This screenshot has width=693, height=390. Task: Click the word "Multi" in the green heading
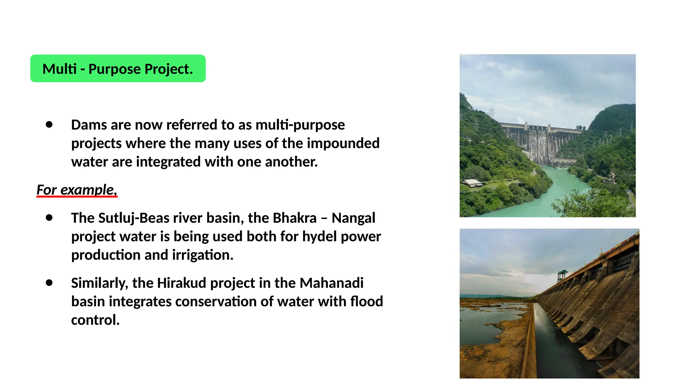(x=60, y=69)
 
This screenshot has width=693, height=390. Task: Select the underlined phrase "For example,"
(x=77, y=190)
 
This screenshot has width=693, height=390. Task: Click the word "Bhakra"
(x=294, y=218)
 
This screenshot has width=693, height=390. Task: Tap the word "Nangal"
(x=353, y=218)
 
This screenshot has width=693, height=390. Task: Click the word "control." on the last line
(x=95, y=320)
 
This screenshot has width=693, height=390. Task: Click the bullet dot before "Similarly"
(x=49, y=283)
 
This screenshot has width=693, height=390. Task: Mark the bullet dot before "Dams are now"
(x=49, y=125)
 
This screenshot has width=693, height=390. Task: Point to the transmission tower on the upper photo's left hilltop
(x=491, y=112)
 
